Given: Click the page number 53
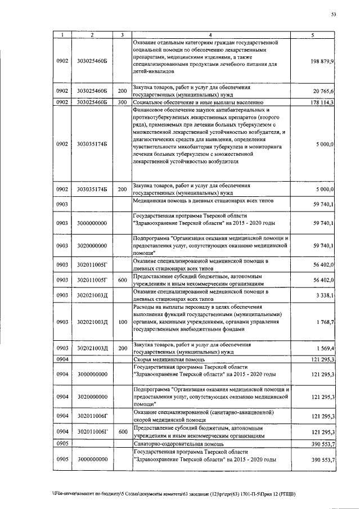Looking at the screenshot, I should click(x=333, y=15).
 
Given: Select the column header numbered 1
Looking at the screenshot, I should click(x=62, y=35).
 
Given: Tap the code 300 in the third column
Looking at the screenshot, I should click(x=121, y=102).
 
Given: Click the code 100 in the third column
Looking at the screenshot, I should click(x=121, y=322).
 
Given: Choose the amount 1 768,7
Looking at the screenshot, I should click(x=326, y=322).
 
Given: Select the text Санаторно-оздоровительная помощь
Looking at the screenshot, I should click(x=175, y=444).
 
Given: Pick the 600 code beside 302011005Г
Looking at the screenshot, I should click(x=121, y=279).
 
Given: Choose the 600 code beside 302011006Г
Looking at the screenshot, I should click(x=121, y=431).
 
